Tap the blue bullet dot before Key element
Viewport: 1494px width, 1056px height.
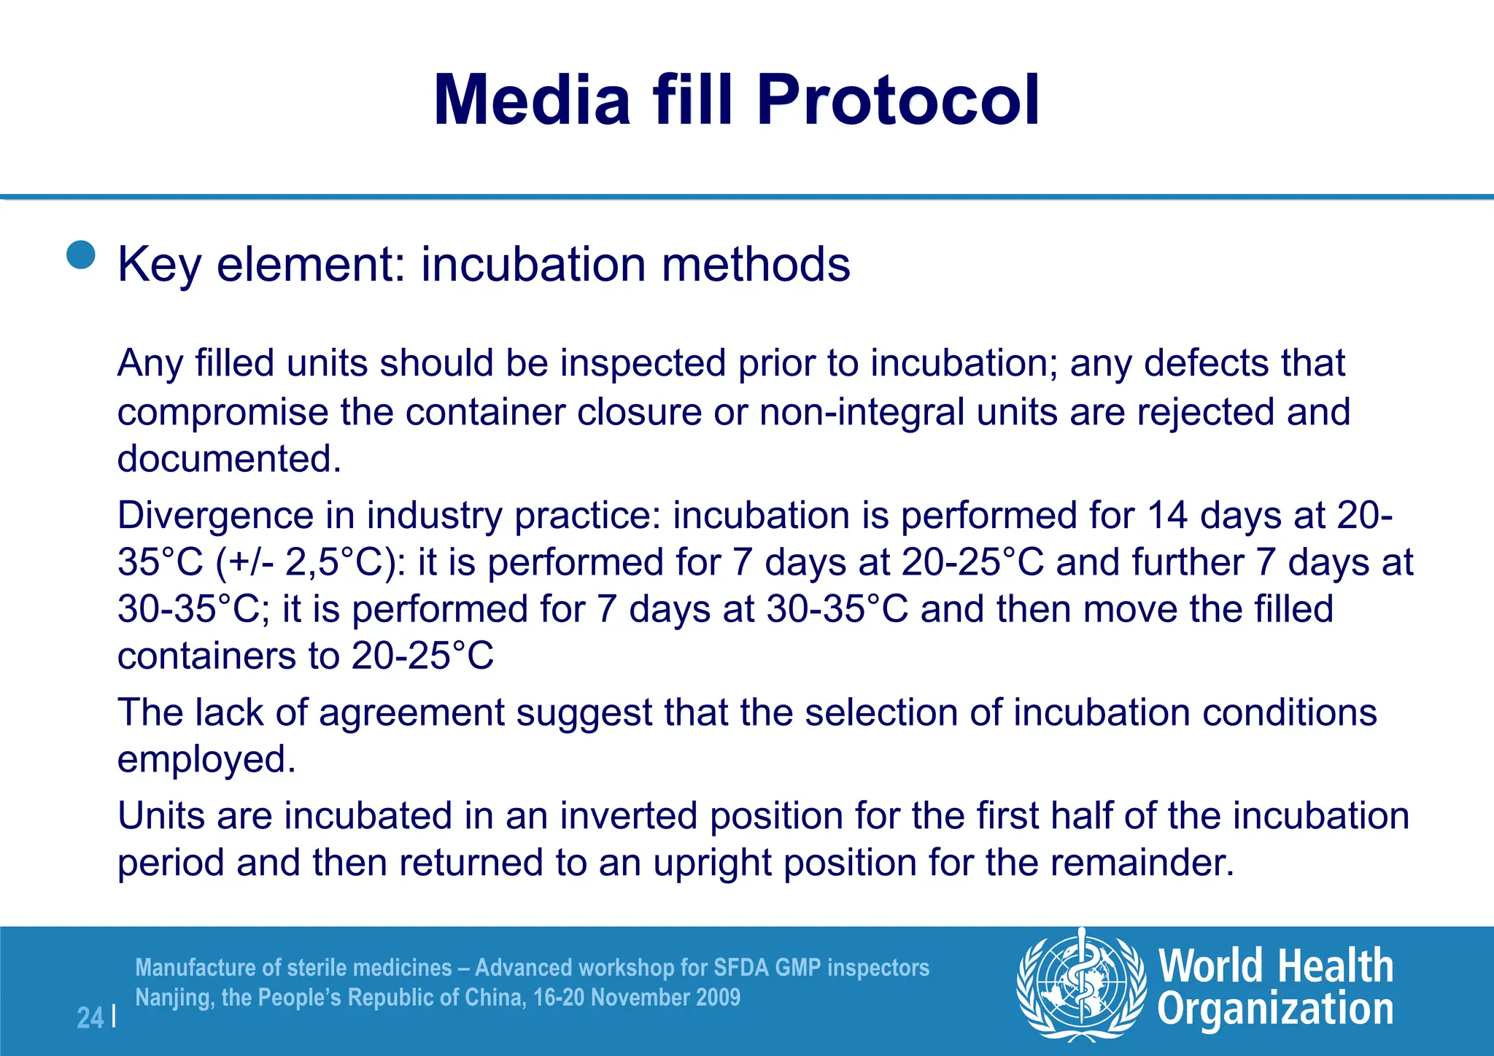81,255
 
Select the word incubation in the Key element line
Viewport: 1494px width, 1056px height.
533,264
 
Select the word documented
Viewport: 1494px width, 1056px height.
228,459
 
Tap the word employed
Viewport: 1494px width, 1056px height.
206,759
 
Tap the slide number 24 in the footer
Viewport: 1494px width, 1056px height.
90,1018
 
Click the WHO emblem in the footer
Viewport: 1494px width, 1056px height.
1080,984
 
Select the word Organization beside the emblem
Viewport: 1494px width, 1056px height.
1275,1010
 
